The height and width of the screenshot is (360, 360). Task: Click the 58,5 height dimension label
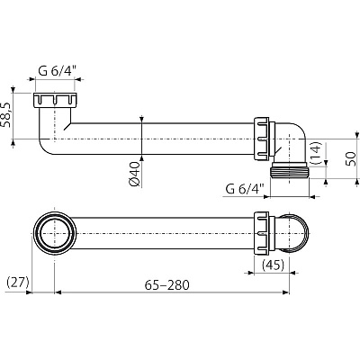(x=6, y=114)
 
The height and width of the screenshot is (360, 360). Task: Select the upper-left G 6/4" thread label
(x=57, y=71)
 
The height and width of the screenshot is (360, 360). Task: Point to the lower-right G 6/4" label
(x=245, y=189)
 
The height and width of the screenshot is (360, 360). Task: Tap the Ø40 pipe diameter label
(x=134, y=174)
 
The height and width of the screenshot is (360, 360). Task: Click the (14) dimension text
(x=316, y=153)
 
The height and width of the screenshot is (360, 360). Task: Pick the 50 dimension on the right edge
(x=351, y=158)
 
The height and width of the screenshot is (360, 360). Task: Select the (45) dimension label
(x=273, y=265)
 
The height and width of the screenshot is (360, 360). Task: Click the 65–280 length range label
(x=167, y=285)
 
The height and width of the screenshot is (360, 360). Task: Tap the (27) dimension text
(x=18, y=283)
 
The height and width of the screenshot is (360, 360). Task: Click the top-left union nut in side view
(x=55, y=100)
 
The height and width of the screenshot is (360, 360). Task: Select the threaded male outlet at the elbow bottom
(x=290, y=171)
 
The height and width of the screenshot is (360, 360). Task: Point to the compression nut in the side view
(x=262, y=139)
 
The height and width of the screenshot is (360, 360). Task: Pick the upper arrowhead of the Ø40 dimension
(x=141, y=120)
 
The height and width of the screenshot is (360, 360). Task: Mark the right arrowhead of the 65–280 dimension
(x=285, y=292)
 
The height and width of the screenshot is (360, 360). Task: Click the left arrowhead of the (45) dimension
(x=250, y=273)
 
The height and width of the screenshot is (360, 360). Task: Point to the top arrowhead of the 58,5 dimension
(x=13, y=89)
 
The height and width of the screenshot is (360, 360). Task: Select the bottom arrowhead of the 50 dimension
(x=357, y=182)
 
